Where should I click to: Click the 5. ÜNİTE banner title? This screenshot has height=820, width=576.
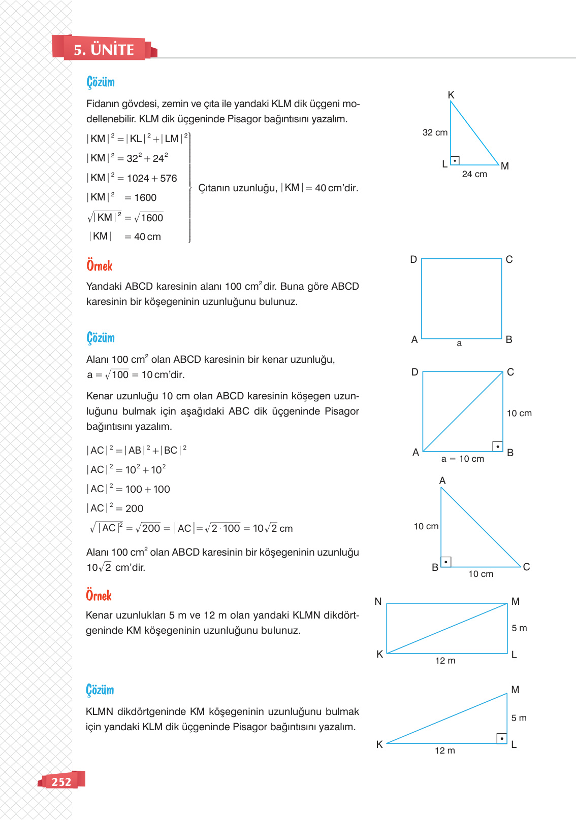(104, 50)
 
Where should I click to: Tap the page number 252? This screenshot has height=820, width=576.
(61, 782)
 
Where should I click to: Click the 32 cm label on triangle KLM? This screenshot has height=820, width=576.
(435, 132)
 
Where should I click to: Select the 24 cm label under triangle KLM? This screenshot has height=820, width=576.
(474, 174)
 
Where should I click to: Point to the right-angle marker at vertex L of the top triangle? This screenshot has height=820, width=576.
(455, 160)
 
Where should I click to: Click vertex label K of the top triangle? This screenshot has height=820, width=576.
(451, 95)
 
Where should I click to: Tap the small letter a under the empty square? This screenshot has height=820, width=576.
(459, 344)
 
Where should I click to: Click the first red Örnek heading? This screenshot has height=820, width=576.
(100, 266)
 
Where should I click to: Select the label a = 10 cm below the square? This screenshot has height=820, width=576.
(463, 459)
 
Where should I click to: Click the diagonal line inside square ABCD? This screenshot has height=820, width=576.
(463, 412)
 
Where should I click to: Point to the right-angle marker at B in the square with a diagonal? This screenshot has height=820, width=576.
(498, 447)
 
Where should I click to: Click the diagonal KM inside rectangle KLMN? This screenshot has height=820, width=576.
(447, 628)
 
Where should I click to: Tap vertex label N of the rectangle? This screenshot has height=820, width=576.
(378, 601)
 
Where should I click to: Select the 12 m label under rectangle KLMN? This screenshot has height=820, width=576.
(445, 661)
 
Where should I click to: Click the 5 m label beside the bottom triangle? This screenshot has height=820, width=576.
(519, 718)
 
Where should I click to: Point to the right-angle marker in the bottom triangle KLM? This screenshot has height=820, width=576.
(502, 738)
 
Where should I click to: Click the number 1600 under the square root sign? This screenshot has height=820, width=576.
(152, 218)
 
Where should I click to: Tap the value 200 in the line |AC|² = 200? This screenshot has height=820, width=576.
(134, 508)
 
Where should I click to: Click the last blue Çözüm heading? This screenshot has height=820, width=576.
(100, 690)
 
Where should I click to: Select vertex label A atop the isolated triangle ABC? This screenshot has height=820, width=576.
(442, 481)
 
